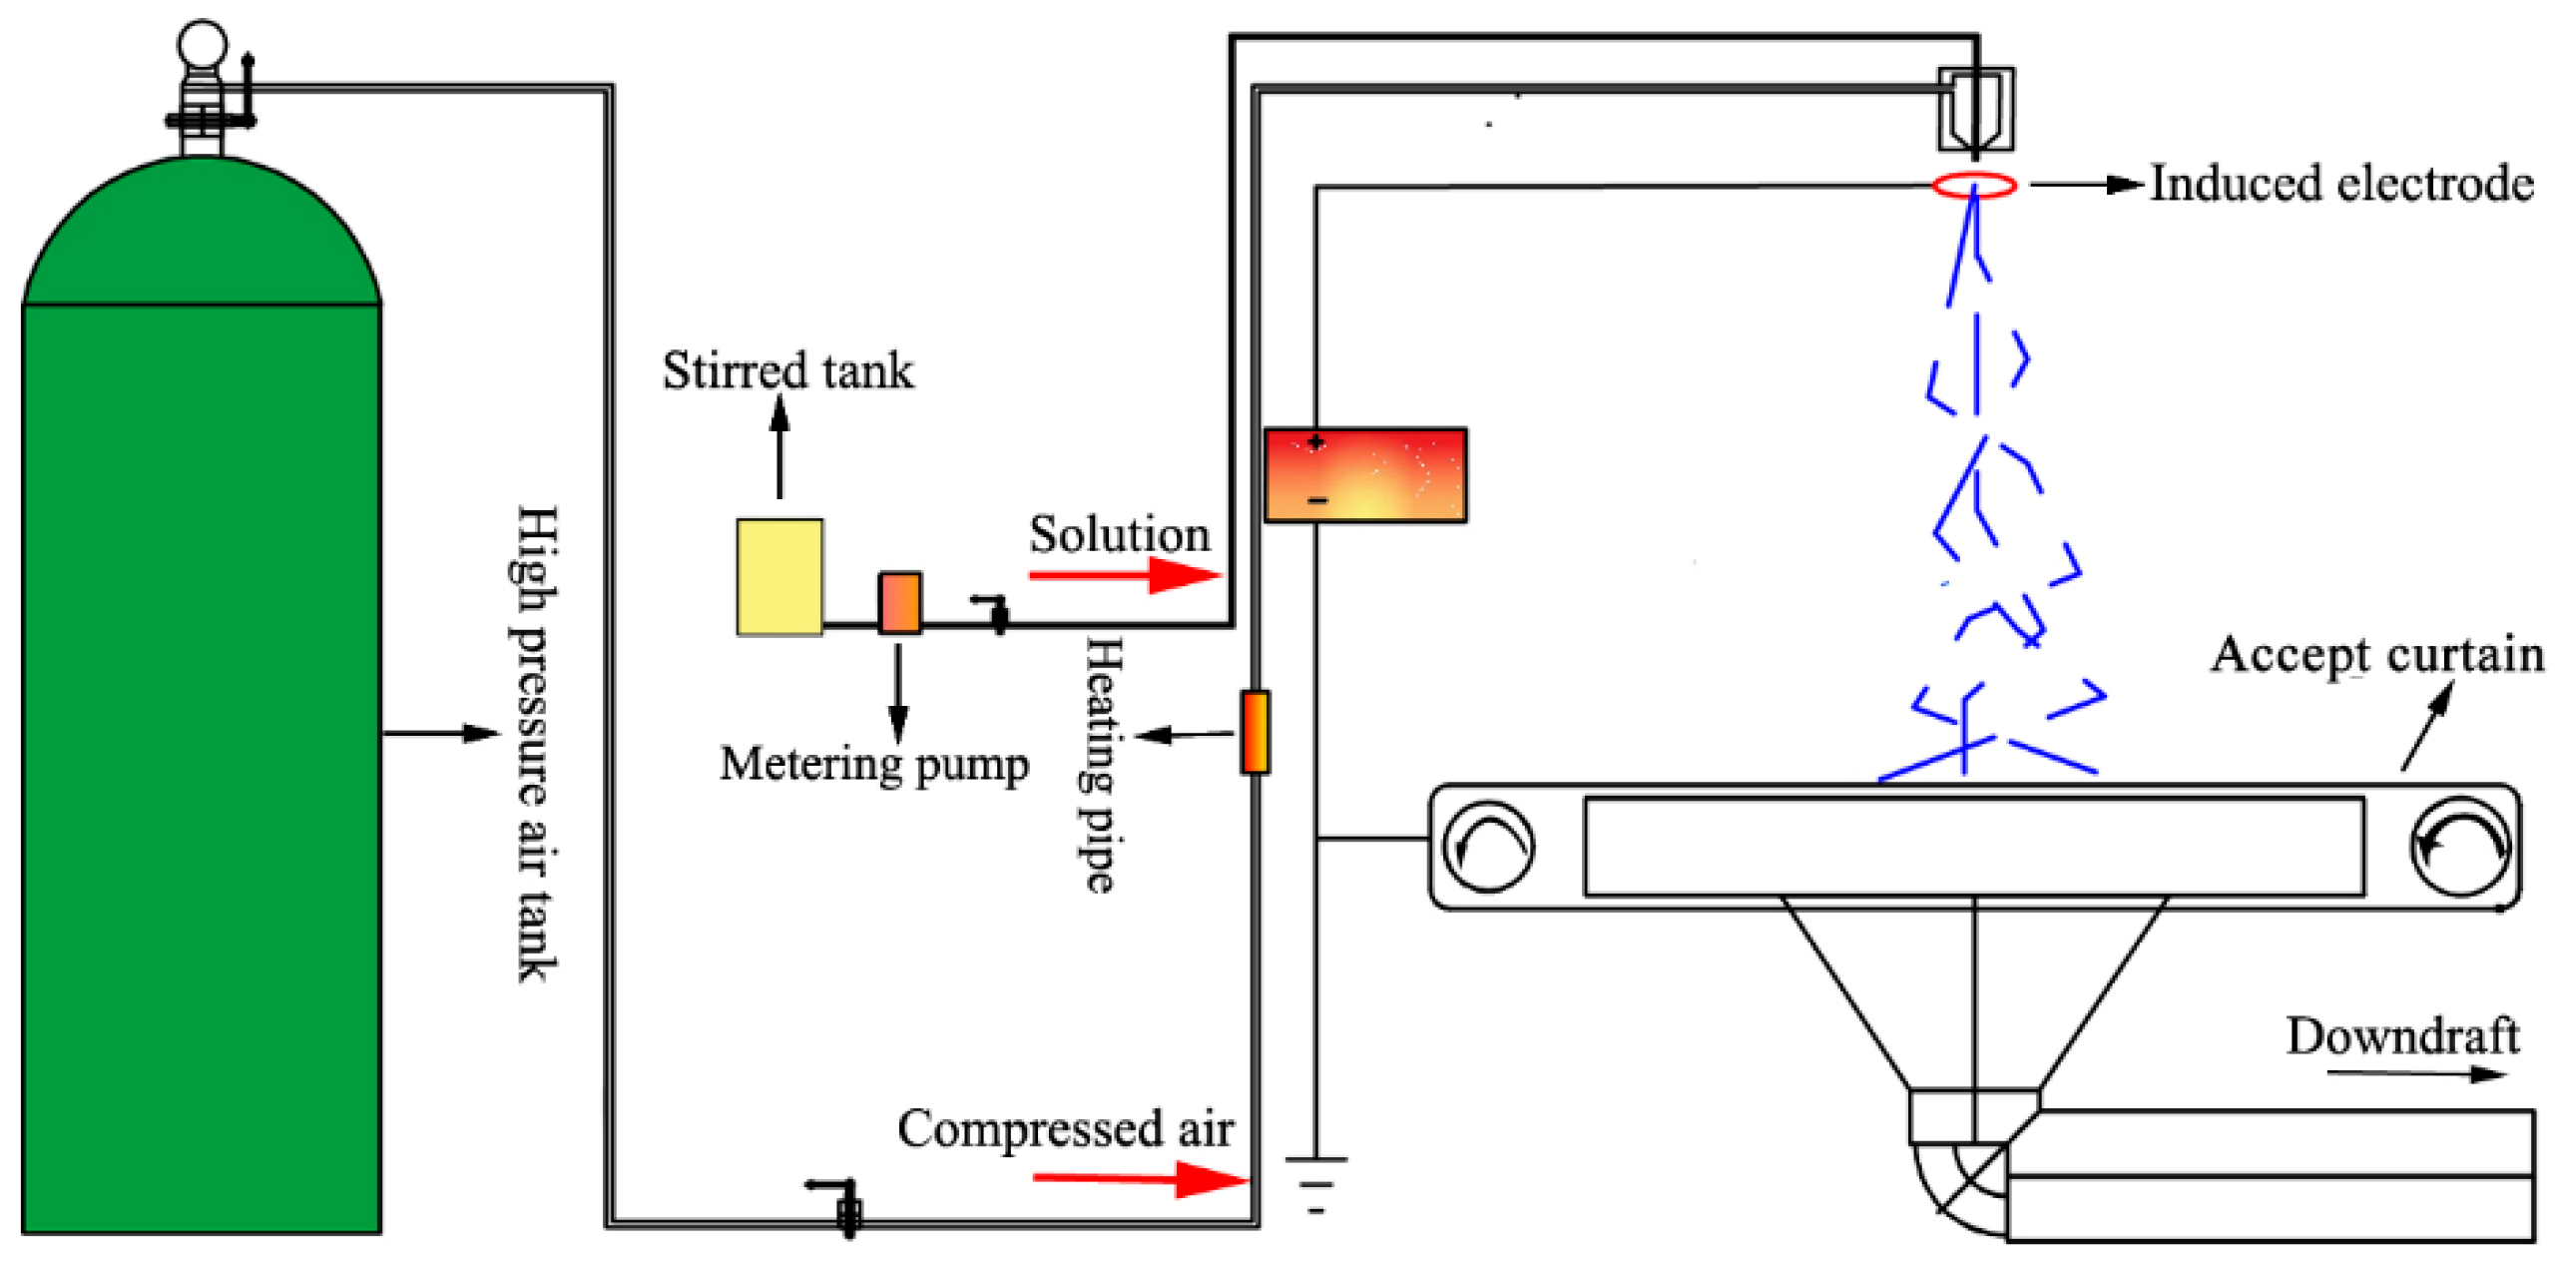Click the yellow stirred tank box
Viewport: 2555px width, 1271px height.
(x=779, y=576)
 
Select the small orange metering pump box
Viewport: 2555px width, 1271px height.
(x=898, y=602)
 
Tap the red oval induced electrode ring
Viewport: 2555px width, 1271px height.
(x=1973, y=185)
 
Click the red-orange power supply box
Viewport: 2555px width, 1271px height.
(x=1364, y=475)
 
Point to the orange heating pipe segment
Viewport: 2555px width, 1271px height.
(x=1255, y=732)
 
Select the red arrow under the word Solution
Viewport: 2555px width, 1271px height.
(x=1124, y=574)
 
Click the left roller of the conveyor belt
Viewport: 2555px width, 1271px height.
(x=1488, y=847)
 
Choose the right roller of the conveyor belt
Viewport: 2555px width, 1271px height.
(x=2459, y=847)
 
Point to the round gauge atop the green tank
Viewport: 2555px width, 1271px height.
(x=202, y=45)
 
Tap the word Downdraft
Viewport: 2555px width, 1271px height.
(x=2401, y=1035)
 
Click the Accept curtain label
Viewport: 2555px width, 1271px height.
(x=2376, y=655)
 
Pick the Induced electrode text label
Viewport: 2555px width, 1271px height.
(x=2340, y=184)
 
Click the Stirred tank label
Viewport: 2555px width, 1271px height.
(x=787, y=370)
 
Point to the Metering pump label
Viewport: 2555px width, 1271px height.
(x=873, y=765)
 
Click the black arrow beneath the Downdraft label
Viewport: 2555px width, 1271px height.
(x=2415, y=1074)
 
